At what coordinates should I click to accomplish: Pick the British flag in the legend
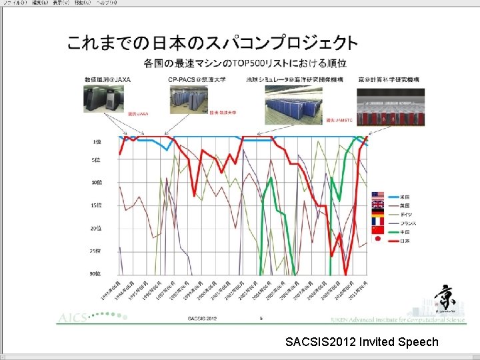(x=378, y=205)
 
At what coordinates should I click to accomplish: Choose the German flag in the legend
(x=378, y=213)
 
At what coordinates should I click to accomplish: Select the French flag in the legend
(x=378, y=221)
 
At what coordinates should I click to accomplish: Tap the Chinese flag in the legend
(x=378, y=230)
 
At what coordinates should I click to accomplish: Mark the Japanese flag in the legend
(x=378, y=239)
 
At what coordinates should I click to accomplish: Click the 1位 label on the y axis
(x=97, y=141)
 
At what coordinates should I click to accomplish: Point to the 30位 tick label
(x=96, y=273)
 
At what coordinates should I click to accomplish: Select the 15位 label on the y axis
(x=96, y=205)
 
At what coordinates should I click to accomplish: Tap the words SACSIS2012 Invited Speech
(x=361, y=342)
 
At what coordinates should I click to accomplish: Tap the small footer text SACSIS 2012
(x=203, y=319)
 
